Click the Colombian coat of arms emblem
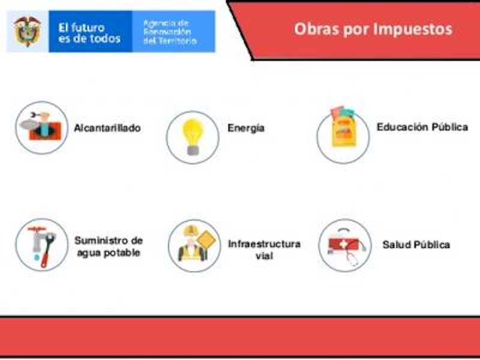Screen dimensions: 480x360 [x=28, y=31]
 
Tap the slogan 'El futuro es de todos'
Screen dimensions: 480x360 [x=89, y=33]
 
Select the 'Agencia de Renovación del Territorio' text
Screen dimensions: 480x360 [x=170, y=32]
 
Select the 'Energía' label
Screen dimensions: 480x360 [x=246, y=128]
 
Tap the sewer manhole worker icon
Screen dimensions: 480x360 [x=41, y=127]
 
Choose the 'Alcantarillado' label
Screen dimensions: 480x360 [x=107, y=128]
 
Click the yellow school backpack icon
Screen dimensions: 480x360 [x=344, y=127]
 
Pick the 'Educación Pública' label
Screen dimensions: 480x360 [x=422, y=127]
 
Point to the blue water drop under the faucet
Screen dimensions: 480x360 [x=37, y=257]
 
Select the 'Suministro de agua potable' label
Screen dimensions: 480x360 [x=109, y=247]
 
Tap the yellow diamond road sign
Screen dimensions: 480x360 [x=206, y=239]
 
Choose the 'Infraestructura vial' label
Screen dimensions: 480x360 [x=264, y=250]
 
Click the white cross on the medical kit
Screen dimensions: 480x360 [x=344, y=244]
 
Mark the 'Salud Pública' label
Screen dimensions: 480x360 [x=416, y=245]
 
